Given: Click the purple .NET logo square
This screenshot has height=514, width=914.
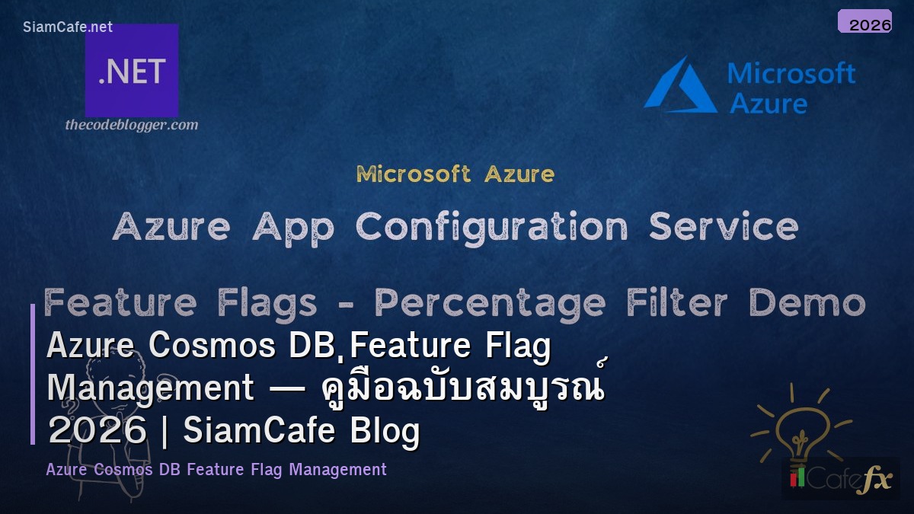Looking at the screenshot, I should tap(132, 71).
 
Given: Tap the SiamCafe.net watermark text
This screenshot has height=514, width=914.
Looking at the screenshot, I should tap(68, 27).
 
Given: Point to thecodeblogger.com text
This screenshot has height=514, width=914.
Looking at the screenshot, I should tap(132, 125).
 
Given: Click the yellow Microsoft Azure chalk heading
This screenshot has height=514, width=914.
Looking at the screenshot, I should tap(455, 174).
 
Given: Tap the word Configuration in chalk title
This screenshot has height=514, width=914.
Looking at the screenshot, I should tap(491, 227).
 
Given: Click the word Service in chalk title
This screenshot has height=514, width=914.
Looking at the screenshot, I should tap(724, 227).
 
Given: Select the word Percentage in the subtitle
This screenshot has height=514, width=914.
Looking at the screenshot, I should tap(491, 304).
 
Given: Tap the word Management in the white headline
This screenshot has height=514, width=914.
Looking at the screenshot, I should tap(150, 388).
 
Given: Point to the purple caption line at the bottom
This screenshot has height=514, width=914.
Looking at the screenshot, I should tap(216, 470).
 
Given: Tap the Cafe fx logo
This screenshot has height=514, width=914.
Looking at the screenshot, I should tap(841, 479).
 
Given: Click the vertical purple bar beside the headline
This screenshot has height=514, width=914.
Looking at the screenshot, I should tap(33, 374).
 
